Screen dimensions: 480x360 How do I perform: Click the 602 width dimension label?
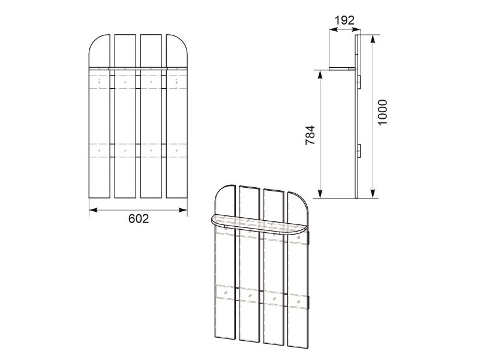coord(139,218)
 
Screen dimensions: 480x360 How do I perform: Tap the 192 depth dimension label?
coord(344,20)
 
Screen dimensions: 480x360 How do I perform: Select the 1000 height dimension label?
coord(383,112)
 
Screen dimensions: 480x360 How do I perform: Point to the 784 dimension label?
coord(310,135)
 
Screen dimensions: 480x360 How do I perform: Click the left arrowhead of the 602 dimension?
coord(93,210)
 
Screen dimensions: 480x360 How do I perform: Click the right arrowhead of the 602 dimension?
coord(183,210)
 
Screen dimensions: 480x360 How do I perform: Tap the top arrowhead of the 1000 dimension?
coord(373,39)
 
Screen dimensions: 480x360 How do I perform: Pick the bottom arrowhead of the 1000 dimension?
coord(373,193)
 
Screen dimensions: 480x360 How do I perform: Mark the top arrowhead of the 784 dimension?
coord(320,74)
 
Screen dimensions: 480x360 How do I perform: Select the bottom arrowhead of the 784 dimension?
coord(320,193)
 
